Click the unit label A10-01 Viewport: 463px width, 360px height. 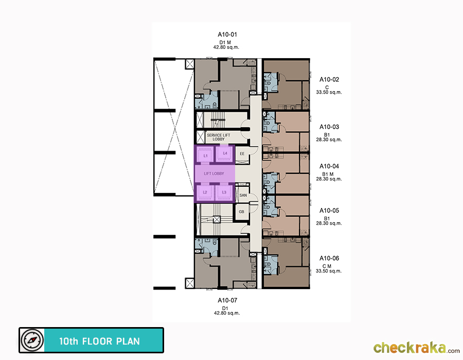click(x=227, y=34)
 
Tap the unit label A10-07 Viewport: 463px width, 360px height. click(x=227, y=300)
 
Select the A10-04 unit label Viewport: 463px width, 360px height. click(x=329, y=167)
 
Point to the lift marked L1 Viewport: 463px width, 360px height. click(x=205, y=155)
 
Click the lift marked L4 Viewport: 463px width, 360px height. click(x=225, y=153)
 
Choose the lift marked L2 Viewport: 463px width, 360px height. click(x=205, y=192)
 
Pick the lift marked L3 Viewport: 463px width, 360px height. click(x=224, y=192)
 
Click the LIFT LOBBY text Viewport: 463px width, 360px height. click(x=214, y=174)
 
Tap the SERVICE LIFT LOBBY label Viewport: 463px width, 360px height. click(x=219, y=137)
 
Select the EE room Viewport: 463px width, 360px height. click(x=242, y=154)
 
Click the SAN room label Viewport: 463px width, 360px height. click(x=243, y=195)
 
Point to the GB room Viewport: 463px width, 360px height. click(x=242, y=212)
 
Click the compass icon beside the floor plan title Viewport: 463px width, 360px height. click(x=32, y=340)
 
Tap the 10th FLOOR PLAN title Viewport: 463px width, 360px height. click(x=99, y=341)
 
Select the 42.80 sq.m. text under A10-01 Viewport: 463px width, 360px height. click(x=226, y=47)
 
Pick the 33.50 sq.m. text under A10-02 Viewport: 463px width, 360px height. click(x=329, y=93)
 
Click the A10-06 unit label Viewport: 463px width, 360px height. click(x=329, y=259)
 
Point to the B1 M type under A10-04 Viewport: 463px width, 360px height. click(x=328, y=174)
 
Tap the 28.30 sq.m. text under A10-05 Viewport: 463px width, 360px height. click(x=329, y=223)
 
